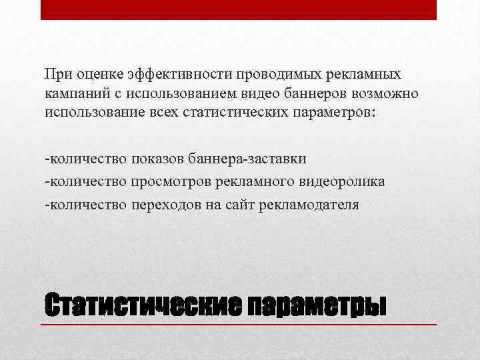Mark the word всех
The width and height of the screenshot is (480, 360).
[x=192, y=111]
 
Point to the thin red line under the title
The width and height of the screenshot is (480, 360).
[x=240, y=324]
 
